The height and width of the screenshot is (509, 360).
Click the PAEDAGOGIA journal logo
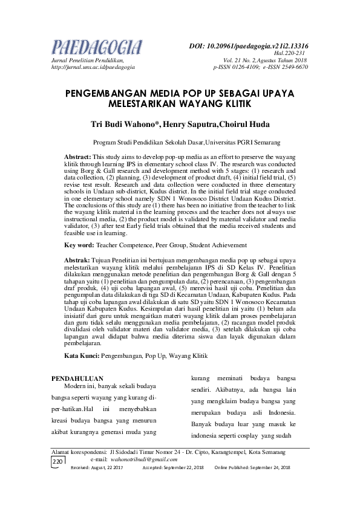pyautogui.click(x=97, y=47)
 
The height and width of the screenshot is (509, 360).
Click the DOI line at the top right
pyautogui.click(x=249, y=45)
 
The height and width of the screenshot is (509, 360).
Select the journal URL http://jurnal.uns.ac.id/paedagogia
pyautogui.click(x=93, y=67)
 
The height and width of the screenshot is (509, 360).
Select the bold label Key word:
pyautogui.click(x=79, y=245)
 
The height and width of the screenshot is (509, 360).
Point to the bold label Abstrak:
pyautogui.click(x=77, y=259)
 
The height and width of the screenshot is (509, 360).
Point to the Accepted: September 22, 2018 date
pyautogui.click(x=173, y=468)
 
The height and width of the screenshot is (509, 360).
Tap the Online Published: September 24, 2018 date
pyautogui.click(x=252, y=468)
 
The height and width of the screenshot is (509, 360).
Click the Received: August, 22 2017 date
pyautogui.click(x=97, y=468)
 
